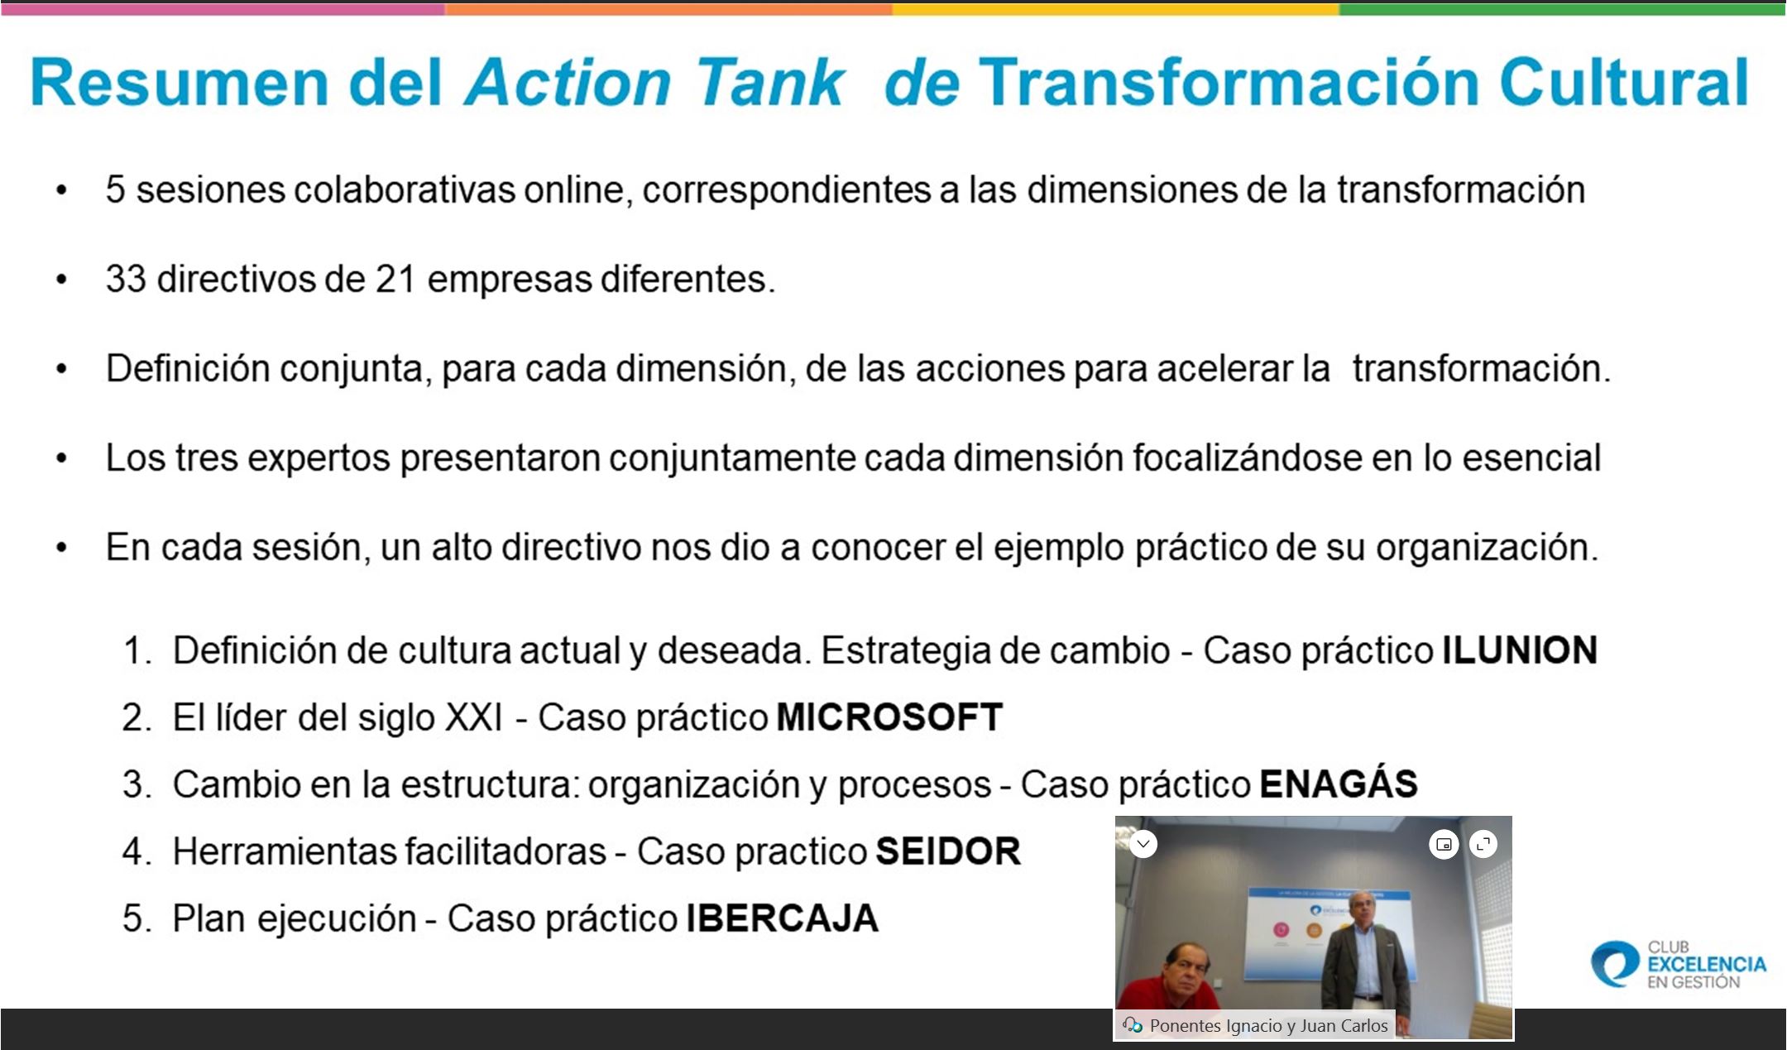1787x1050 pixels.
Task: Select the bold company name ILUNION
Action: coord(1520,650)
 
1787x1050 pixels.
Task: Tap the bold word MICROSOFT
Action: coord(889,717)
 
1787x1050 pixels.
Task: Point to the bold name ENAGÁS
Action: coord(1339,783)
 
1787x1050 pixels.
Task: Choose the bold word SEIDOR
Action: coord(948,851)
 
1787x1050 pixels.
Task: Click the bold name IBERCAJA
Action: coord(782,918)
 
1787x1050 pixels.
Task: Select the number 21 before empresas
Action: coord(395,279)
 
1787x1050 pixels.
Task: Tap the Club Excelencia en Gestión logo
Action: coord(1679,964)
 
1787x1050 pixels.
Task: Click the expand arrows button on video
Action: coord(1483,845)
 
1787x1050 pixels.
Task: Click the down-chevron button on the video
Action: coord(1143,844)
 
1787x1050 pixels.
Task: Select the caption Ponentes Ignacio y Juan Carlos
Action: coord(1268,1026)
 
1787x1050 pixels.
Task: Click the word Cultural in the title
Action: coord(1624,83)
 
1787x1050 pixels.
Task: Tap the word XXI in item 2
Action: coord(474,717)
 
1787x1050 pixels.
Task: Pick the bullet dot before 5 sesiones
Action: coord(61,191)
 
